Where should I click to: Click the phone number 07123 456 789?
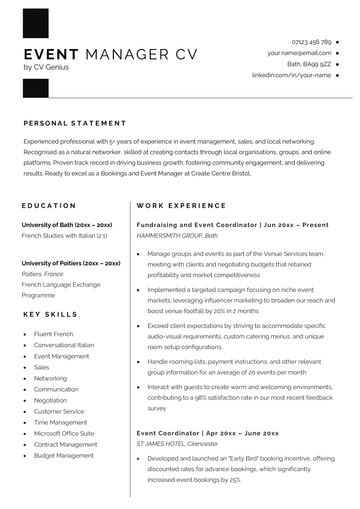pos(311,42)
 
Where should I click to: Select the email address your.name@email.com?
pos(299,53)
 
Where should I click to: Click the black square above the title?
pos(35,23)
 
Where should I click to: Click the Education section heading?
pos(49,205)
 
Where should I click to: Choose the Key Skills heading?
pos(49,314)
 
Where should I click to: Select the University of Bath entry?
pos(67,225)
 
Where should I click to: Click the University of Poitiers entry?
pos(72,262)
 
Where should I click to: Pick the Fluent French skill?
pos(53,333)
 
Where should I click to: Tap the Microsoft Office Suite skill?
pos(64,433)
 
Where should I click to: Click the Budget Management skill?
pos(65,455)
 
